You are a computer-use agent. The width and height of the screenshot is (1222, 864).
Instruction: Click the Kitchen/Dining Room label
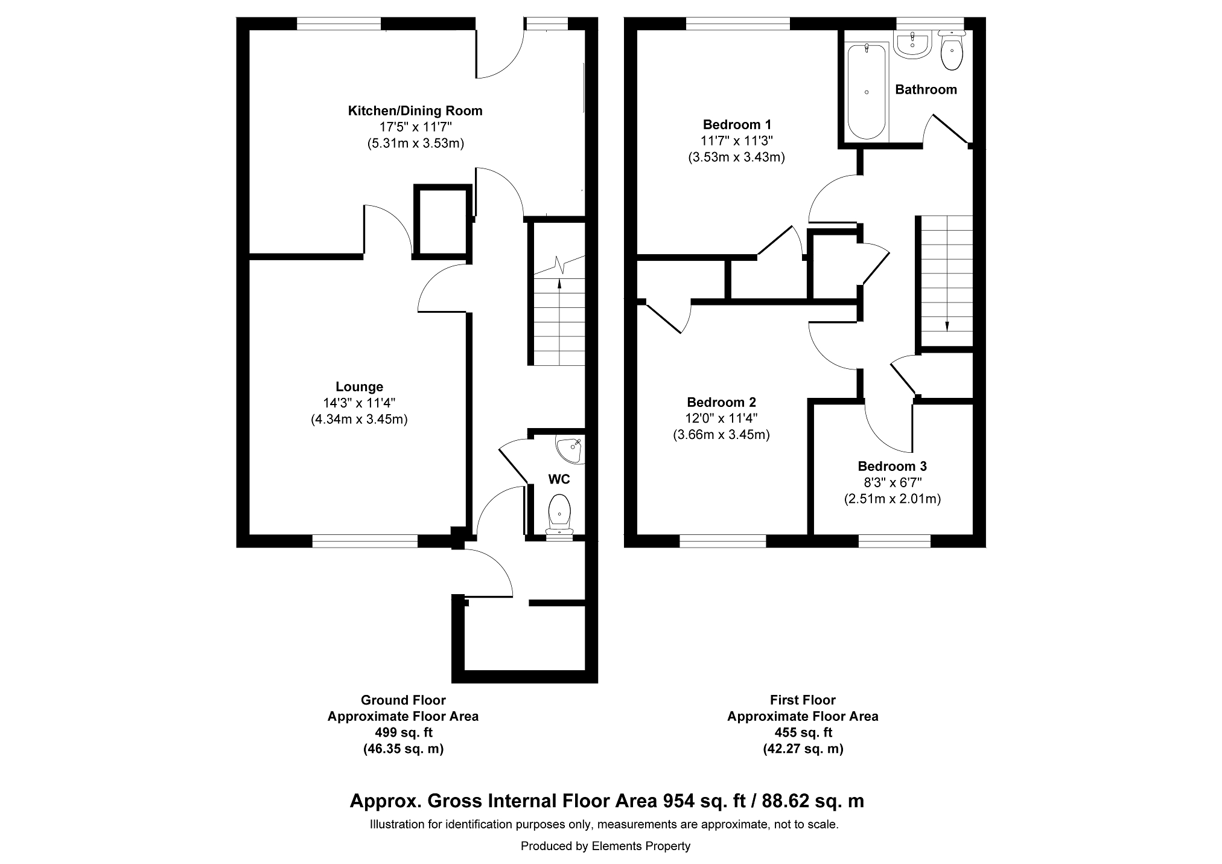[x=415, y=111]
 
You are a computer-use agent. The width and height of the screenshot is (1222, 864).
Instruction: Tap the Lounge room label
[x=360, y=387]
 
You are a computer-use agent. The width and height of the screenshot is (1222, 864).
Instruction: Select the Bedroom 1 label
[x=737, y=125]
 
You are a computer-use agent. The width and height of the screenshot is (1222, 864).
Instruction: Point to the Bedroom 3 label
[x=892, y=467]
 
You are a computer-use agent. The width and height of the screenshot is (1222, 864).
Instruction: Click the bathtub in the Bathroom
[x=867, y=91]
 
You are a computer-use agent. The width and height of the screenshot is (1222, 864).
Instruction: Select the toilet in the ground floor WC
[x=559, y=516]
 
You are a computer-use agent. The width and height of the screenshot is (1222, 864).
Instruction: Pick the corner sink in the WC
[x=569, y=449]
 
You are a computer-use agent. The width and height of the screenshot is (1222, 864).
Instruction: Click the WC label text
[x=559, y=480]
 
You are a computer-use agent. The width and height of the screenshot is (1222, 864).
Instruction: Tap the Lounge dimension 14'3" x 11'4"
[x=360, y=403]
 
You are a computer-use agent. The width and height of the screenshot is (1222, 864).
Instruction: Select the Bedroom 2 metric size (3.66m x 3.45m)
[x=721, y=435]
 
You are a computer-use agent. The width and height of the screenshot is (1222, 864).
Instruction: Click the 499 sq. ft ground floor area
[x=403, y=733]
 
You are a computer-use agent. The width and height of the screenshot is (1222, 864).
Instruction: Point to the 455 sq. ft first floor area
[x=803, y=733]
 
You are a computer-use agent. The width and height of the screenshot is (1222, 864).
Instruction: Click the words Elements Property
[x=641, y=846]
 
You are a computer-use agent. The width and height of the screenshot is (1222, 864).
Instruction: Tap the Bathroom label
[x=926, y=90]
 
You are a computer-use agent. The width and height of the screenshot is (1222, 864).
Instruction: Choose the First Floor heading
[x=803, y=700]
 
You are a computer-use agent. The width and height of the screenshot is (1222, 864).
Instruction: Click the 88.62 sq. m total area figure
[x=813, y=801]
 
